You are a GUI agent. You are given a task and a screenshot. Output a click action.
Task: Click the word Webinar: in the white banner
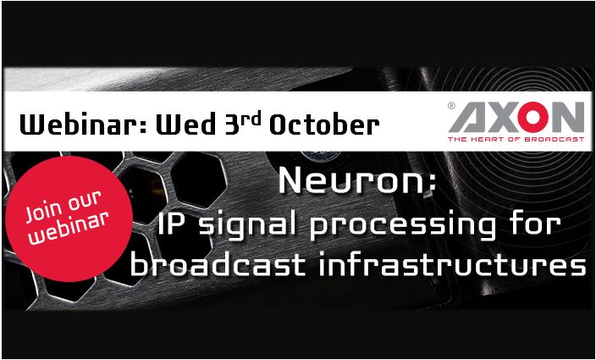[x=83, y=124]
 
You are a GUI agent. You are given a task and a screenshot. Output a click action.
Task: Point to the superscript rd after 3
[x=251, y=119]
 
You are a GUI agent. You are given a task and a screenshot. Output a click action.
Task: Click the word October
[x=324, y=124]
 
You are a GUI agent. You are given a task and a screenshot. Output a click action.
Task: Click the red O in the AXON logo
[x=533, y=117]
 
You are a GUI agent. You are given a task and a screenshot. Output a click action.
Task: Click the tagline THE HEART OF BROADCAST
[x=516, y=139]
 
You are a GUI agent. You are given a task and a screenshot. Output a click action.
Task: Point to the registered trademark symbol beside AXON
[x=451, y=106]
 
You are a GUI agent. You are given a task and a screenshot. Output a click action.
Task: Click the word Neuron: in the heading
[x=357, y=182]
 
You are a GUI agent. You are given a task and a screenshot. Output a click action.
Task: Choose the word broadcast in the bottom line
[x=218, y=263]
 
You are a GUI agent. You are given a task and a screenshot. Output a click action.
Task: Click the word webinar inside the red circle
[x=69, y=227]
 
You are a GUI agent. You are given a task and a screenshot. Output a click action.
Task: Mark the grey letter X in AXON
[x=502, y=118]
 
